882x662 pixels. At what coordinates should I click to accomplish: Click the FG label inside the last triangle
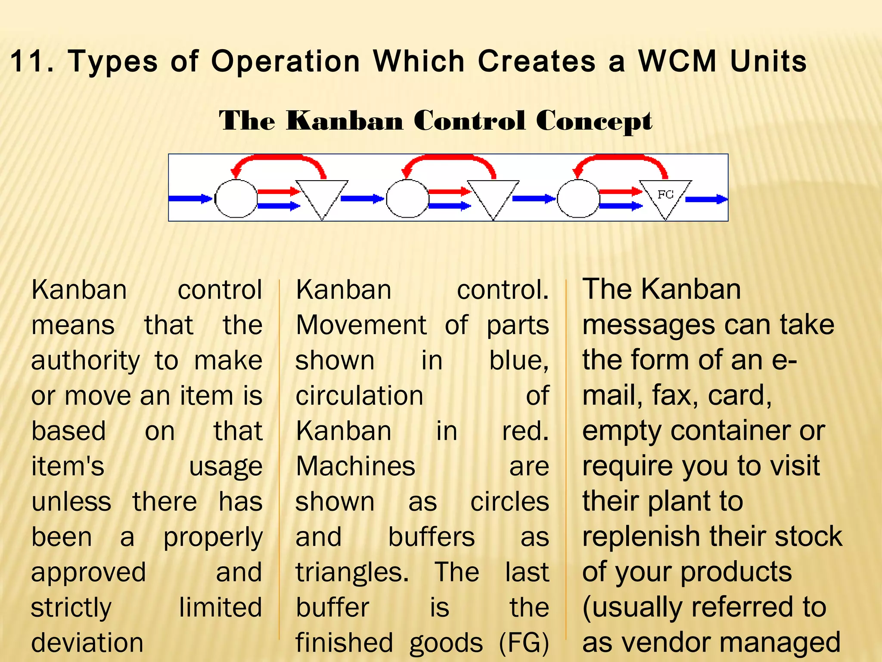click(665, 194)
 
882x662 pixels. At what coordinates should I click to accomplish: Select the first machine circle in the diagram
click(236, 199)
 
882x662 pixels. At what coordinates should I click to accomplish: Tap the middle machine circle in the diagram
click(407, 199)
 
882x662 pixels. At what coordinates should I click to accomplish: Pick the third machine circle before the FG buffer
click(578, 199)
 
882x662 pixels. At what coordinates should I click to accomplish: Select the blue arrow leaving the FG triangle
click(706, 199)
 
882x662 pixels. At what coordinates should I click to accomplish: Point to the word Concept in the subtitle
click(594, 121)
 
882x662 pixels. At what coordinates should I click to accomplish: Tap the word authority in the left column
click(86, 361)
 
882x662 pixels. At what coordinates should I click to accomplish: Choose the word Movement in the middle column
click(361, 325)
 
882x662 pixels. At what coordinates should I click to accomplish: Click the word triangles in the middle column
click(351, 572)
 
